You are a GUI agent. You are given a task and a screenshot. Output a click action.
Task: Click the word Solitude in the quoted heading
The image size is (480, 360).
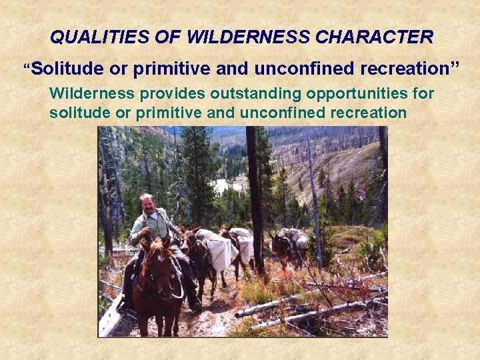tap(63, 69)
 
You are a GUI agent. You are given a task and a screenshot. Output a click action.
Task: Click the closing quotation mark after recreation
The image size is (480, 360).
tap(455, 66)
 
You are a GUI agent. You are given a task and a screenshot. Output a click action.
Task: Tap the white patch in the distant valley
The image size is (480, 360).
tap(223, 185)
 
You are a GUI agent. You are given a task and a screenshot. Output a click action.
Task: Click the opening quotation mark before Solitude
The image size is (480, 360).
tap(27, 67)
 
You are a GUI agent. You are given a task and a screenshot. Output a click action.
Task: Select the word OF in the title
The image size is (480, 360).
tap(170, 37)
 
